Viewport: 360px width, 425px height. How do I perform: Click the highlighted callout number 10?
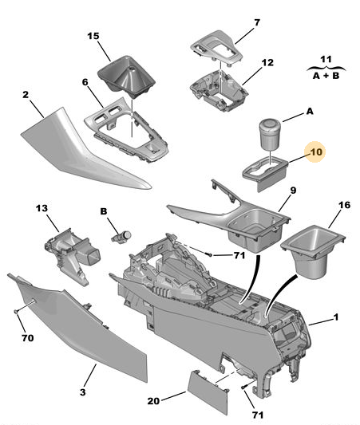(x=316, y=152)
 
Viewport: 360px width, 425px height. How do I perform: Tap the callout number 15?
(x=93, y=36)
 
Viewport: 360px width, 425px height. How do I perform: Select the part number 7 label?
(x=257, y=22)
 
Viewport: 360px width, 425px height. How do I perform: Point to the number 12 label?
(x=267, y=63)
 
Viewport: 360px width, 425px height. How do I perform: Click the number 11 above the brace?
(x=326, y=59)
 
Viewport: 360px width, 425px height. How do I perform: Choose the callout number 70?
(x=28, y=338)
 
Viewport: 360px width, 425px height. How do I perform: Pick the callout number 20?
(x=153, y=401)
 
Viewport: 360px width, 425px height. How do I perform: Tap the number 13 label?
(x=42, y=208)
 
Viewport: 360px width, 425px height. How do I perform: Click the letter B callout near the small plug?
(x=104, y=211)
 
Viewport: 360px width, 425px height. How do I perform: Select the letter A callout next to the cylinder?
(x=310, y=111)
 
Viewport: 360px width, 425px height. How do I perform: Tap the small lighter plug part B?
(x=121, y=237)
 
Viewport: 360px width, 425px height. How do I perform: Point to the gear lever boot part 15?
(x=126, y=76)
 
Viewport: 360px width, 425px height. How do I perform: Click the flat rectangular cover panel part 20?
(x=208, y=392)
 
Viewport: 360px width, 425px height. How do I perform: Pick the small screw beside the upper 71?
(x=209, y=254)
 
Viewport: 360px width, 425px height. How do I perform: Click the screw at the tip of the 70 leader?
(x=16, y=312)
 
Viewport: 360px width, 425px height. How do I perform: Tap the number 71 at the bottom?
(x=258, y=415)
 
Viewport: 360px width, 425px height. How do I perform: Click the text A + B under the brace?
(x=326, y=76)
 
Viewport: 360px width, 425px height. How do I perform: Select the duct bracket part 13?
(x=72, y=255)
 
